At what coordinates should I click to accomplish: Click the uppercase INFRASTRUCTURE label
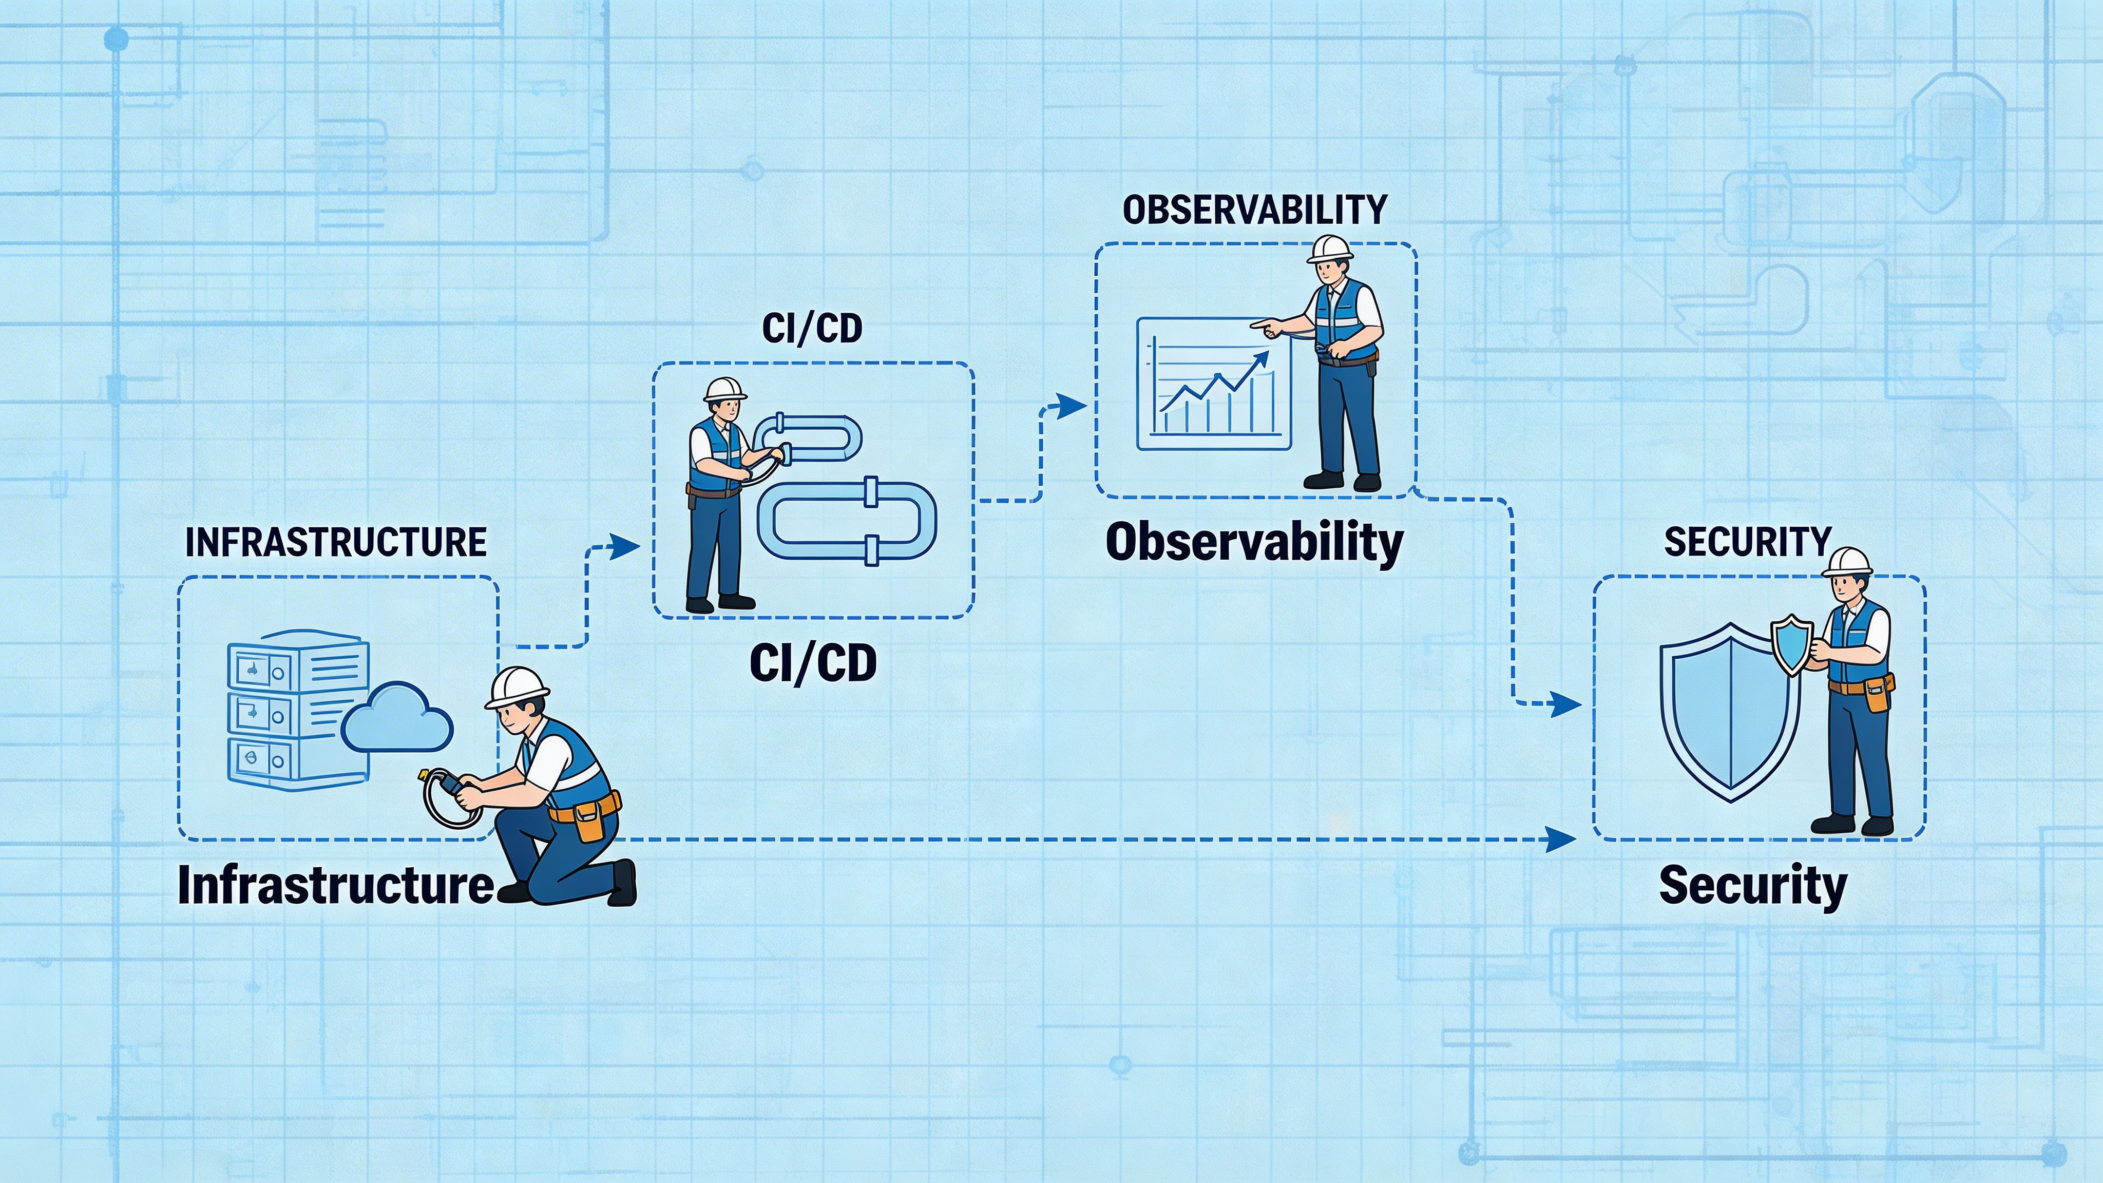[x=336, y=543]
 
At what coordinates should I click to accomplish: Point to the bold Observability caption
[x=1254, y=543]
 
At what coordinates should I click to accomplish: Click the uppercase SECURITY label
[x=1748, y=543]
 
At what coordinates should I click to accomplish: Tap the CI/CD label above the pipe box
[x=812, y=328]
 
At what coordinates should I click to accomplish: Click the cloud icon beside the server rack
[x=397, y=718]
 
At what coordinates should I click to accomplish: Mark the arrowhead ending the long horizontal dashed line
[x=1562, y=838]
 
